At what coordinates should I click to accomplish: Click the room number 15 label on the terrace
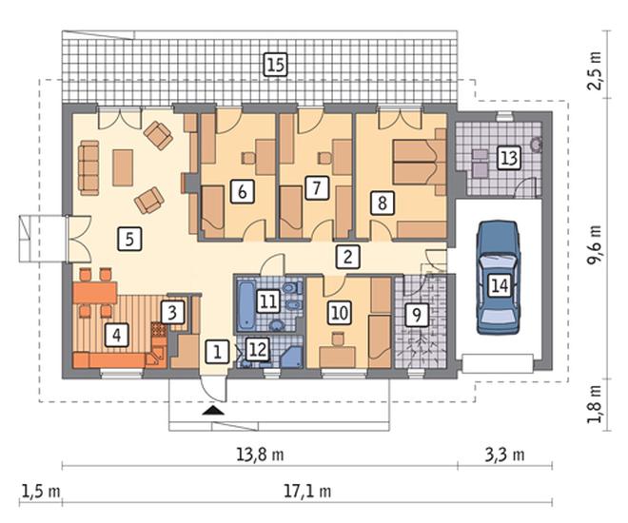click(x=276, y=65)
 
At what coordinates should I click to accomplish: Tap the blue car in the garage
click(x=498, y=278)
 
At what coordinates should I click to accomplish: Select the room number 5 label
click(x=129, y=239)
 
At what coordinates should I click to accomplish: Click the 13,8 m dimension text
click(x=260, y=455)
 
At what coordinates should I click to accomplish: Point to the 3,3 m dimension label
click(x=504, y=455)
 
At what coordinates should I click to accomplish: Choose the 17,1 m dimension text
click(x=307, y=491)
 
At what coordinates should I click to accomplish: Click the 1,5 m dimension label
click(x=41, y=491)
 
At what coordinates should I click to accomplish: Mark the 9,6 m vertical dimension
click(x=595, y=244)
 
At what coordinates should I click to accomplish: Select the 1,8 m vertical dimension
click(x=595, y=404)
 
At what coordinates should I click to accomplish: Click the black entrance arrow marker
click(x=212, y=411)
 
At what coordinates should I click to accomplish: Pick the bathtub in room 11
click(x=245, y=305)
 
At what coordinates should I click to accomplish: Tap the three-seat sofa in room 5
click(x=88, y=168)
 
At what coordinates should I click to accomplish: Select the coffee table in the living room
click(x=123, y=167)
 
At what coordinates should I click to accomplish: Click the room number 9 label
click(x=417, y=315)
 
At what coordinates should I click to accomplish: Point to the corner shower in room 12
click(x=291, y=357)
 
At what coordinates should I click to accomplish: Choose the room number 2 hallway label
click(x=347, y=257)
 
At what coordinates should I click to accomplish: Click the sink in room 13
click(x=536, y=144)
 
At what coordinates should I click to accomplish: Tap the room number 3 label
click(x=172, y=312)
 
